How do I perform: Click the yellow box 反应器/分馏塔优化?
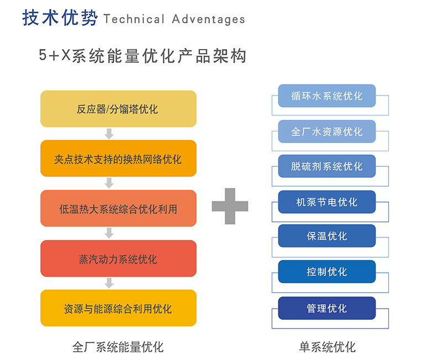coord(118,109)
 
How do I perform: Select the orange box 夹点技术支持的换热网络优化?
coord(118,158)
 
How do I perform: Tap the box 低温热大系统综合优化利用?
coord(118,208)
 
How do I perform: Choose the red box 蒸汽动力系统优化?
coord(118,258)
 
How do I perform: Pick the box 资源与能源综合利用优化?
coord(118,308)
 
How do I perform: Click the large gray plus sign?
coord(230,206)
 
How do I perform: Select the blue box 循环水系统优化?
coord(327,96)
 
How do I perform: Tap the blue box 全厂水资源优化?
coord(327,131)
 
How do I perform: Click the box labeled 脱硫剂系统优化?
coord(327,166)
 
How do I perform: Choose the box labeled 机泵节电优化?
coord(327,202)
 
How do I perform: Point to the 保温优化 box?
coord(327,236)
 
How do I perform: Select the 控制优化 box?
coord(327,272)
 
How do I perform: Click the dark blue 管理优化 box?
coord(327,308)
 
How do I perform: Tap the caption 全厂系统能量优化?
coord(118,347)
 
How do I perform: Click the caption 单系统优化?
coord(327,347)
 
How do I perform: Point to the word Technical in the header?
coord(134,19)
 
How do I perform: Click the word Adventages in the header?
coord(209,19)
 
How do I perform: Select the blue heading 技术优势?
coord(60,18)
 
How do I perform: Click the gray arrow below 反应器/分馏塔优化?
coord(109,134)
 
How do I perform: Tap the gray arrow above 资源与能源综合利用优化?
coord(109,283)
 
